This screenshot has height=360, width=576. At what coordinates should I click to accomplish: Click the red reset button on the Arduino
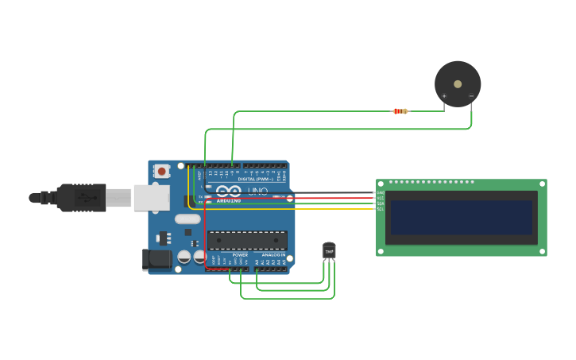[162, 171]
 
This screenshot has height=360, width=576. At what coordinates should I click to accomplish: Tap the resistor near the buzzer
[401, 111]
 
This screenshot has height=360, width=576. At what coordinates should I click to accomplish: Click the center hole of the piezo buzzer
[458, 83]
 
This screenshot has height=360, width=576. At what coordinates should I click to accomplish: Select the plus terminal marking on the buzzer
[444, 96]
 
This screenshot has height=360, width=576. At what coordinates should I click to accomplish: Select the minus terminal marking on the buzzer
[471, 96]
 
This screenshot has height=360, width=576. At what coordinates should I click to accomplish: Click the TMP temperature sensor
[329, 251]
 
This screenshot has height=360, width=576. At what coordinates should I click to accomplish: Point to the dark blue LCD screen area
[461, 217]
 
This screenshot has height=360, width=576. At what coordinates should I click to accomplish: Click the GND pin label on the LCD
[380, 193]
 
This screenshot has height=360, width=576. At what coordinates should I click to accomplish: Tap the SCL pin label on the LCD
[380, 209]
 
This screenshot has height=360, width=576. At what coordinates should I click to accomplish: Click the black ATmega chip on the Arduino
[247, 240]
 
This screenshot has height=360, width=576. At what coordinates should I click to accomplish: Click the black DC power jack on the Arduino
[157, 259]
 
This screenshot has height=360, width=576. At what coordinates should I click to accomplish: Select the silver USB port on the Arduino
[151, 198]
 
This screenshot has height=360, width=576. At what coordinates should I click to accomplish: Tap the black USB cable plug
[79, 198]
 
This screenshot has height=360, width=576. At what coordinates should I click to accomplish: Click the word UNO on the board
[258, 192]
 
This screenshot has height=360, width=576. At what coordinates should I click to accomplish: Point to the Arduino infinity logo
[229, 192]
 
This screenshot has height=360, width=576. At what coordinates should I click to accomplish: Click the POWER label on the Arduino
[240, 254]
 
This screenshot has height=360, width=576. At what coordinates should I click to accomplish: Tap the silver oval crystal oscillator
[187, 219]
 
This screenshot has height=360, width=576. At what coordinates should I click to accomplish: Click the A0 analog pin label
[257, 261]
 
